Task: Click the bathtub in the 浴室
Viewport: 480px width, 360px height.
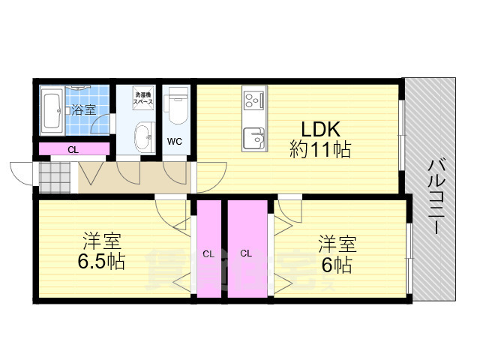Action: pyautogui.click(x=54, y=109)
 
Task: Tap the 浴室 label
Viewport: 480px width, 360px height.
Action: pyautogui.click(x=83, y=110)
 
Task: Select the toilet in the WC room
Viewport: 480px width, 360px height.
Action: pyautogui.click(x=178, y=104)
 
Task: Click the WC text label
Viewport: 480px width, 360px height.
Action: pyautogui.click(x=174, y=141)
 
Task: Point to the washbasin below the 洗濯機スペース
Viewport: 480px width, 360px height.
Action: pyautogui.click(x=142, y=136)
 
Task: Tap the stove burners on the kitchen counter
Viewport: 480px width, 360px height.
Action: pyautogui.click(x=253, y=98)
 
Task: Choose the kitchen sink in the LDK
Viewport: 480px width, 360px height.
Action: pyautogui.click(x=253, y=138)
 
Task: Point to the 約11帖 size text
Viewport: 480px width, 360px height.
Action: pyautogui.click(x=320, y=149)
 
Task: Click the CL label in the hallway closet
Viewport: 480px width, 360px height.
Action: pyautogui.click(x=73, y=149)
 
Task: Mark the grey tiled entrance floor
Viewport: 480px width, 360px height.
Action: pyautogui.click(x=55, y=178)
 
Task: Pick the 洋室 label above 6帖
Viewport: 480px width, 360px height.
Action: pyautogui.click(x=337, y=244)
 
